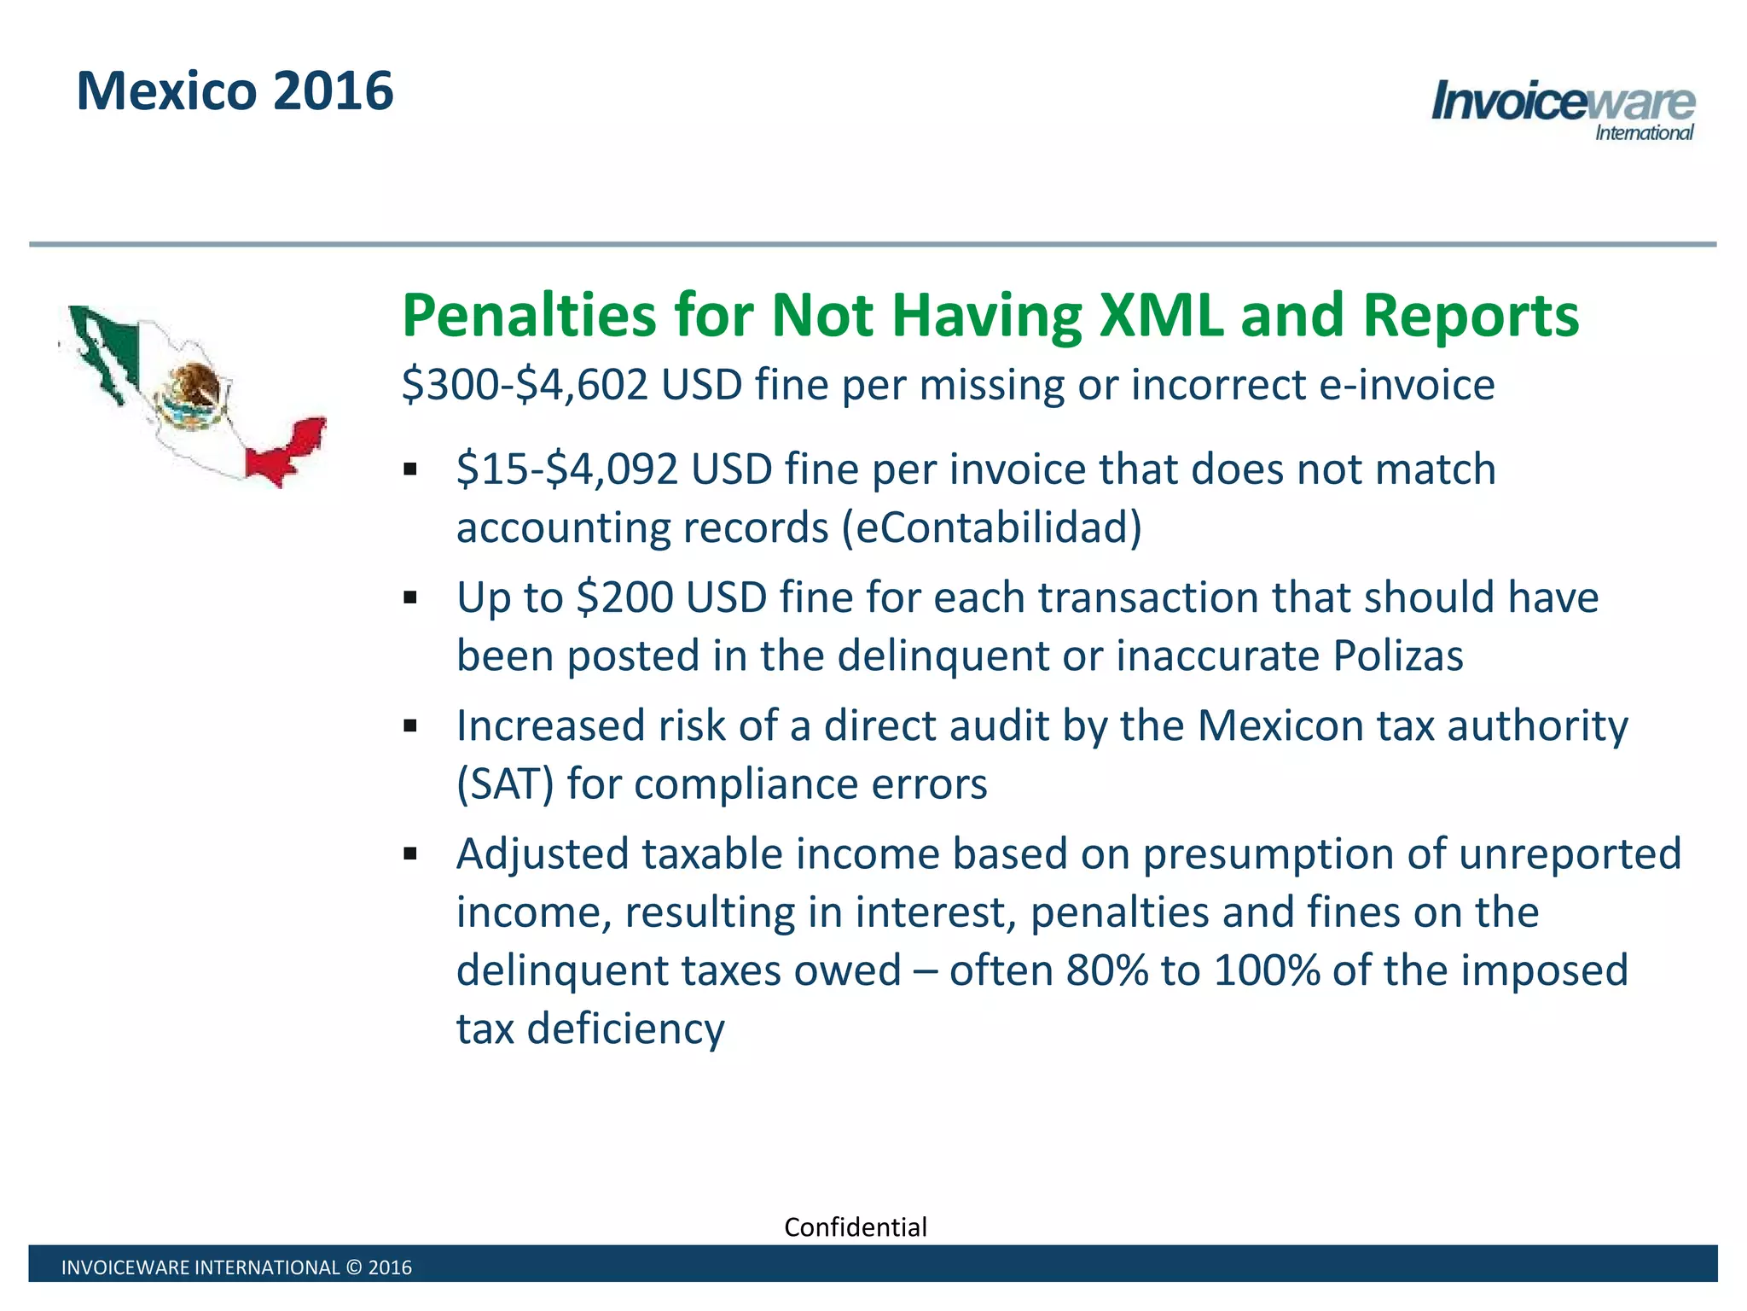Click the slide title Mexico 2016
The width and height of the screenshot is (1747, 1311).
[235, 91]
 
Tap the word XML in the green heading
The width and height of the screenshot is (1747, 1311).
[1160, 316]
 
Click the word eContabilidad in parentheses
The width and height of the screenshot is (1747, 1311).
[991, 527]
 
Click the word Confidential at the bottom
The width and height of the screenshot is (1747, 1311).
[855, 1227]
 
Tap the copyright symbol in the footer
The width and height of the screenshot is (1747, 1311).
[354, 1267]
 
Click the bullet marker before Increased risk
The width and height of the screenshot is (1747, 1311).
[410, 726]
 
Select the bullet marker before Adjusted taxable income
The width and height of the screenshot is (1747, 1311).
[410, 854]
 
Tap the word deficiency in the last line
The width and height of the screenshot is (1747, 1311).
[625, 1028]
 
